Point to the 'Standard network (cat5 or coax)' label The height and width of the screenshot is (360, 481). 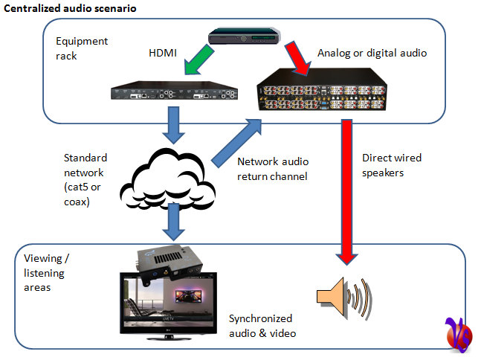point(85,179)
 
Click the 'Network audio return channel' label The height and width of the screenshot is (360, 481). point(272,170)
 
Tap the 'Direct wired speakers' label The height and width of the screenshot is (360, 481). point(392,164)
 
